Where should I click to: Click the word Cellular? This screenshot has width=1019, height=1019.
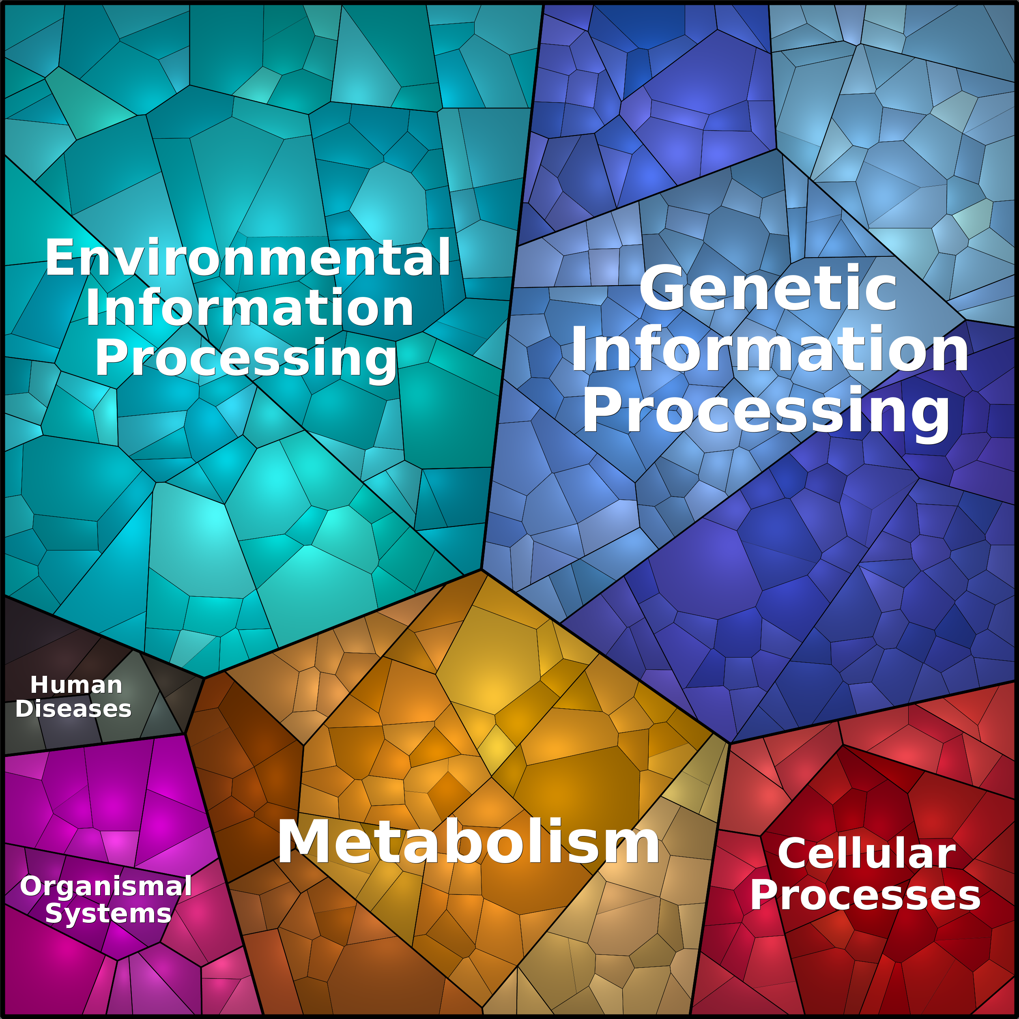[x=866, y=853]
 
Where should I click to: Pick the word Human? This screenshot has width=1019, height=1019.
[x=77, y=685]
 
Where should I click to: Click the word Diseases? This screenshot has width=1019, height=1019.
[x=73, y=708]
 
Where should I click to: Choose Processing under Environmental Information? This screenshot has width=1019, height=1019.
[x=246, y=359]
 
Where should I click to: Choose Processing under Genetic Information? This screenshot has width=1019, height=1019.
[x=766, y=411]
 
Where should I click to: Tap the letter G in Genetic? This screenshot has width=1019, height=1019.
[x=661, y=288]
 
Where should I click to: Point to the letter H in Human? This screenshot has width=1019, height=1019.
[x=39, y=685]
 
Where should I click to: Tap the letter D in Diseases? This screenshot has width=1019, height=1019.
[x=25, y=708]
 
